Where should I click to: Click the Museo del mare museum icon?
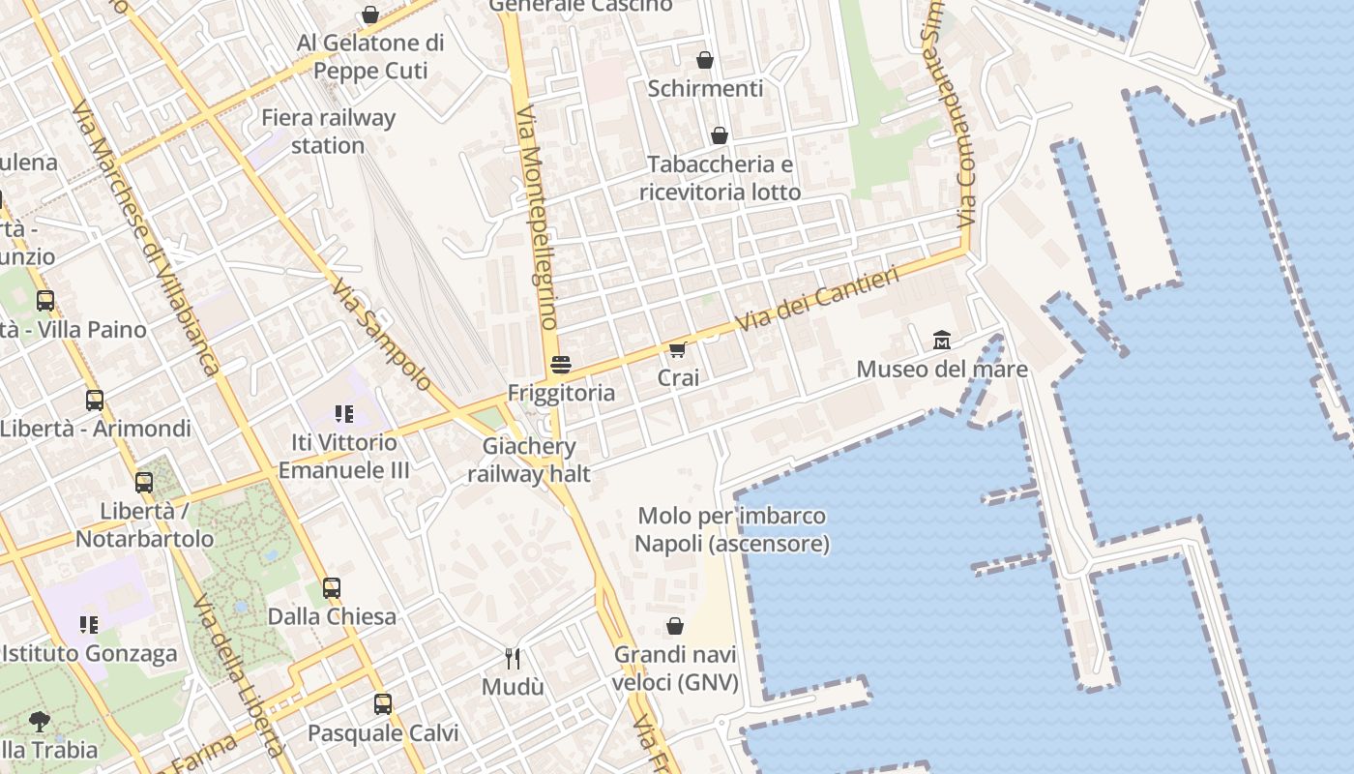tap(942, 340)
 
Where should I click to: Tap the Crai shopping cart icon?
tap(678, 349)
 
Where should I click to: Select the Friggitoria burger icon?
tap(560, 365)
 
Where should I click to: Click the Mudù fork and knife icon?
tap(513, 659)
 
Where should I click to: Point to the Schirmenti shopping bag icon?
tap(705, 60)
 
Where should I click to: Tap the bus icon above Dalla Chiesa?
tap(332, 587)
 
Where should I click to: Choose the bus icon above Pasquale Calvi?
tap(383, 703)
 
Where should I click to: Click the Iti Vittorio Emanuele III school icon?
tap(343, 414)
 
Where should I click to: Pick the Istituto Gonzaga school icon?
tap(89, 625)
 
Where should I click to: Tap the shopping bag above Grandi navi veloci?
tap(675, 626)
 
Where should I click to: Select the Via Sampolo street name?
tap(380, 335)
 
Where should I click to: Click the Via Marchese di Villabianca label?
tap(145, 237)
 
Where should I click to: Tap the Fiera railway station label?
tap(329, 132)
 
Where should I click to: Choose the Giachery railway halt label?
tap(529, 460)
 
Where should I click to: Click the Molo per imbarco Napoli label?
tap(732, 529)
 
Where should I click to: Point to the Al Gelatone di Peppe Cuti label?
tap(370, 56)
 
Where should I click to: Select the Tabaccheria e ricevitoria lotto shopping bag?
tap(720, 135)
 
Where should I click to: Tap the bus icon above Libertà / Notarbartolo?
tap(144, 481)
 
